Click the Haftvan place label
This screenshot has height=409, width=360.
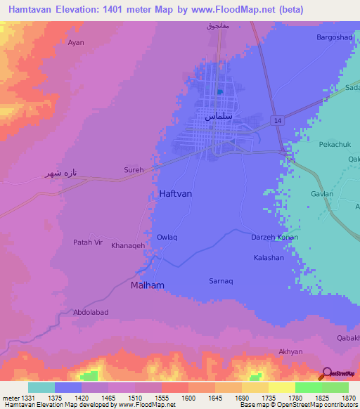[171, 193]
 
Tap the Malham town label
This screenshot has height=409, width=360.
[147, 285]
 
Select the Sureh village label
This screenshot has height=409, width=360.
[134, 170]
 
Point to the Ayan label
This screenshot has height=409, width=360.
[76, 43]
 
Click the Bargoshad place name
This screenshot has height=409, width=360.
[333, 37]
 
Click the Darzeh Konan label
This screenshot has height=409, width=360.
[274, 238]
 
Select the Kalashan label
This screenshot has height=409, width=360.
[269, 258]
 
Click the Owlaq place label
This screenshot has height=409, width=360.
[167, 238]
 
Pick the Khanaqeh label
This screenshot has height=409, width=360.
[128, 245]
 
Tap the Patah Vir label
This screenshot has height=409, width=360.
[89, 242]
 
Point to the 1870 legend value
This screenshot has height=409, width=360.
[340, 397]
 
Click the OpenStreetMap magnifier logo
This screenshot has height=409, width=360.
[326, 373]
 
